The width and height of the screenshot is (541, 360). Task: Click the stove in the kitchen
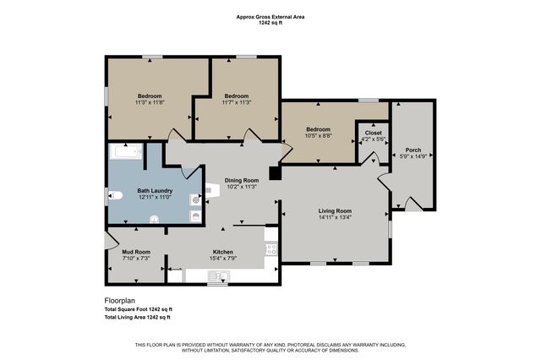(x=271, y=249)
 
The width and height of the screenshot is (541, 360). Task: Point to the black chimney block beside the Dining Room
(x=274, y=173)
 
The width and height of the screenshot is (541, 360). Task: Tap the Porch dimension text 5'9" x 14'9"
(x=413, y=158)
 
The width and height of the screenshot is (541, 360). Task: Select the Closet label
(x=373, y=133)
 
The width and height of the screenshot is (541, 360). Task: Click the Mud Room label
(x=135, y=251)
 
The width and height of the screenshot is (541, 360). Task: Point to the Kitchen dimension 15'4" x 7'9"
(x=222, y=259)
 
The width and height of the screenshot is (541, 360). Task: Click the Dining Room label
(x=241, y=179)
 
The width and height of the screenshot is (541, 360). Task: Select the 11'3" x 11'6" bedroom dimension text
(x=150, y=102)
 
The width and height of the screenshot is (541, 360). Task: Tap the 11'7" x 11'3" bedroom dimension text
(x=237, y=102)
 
